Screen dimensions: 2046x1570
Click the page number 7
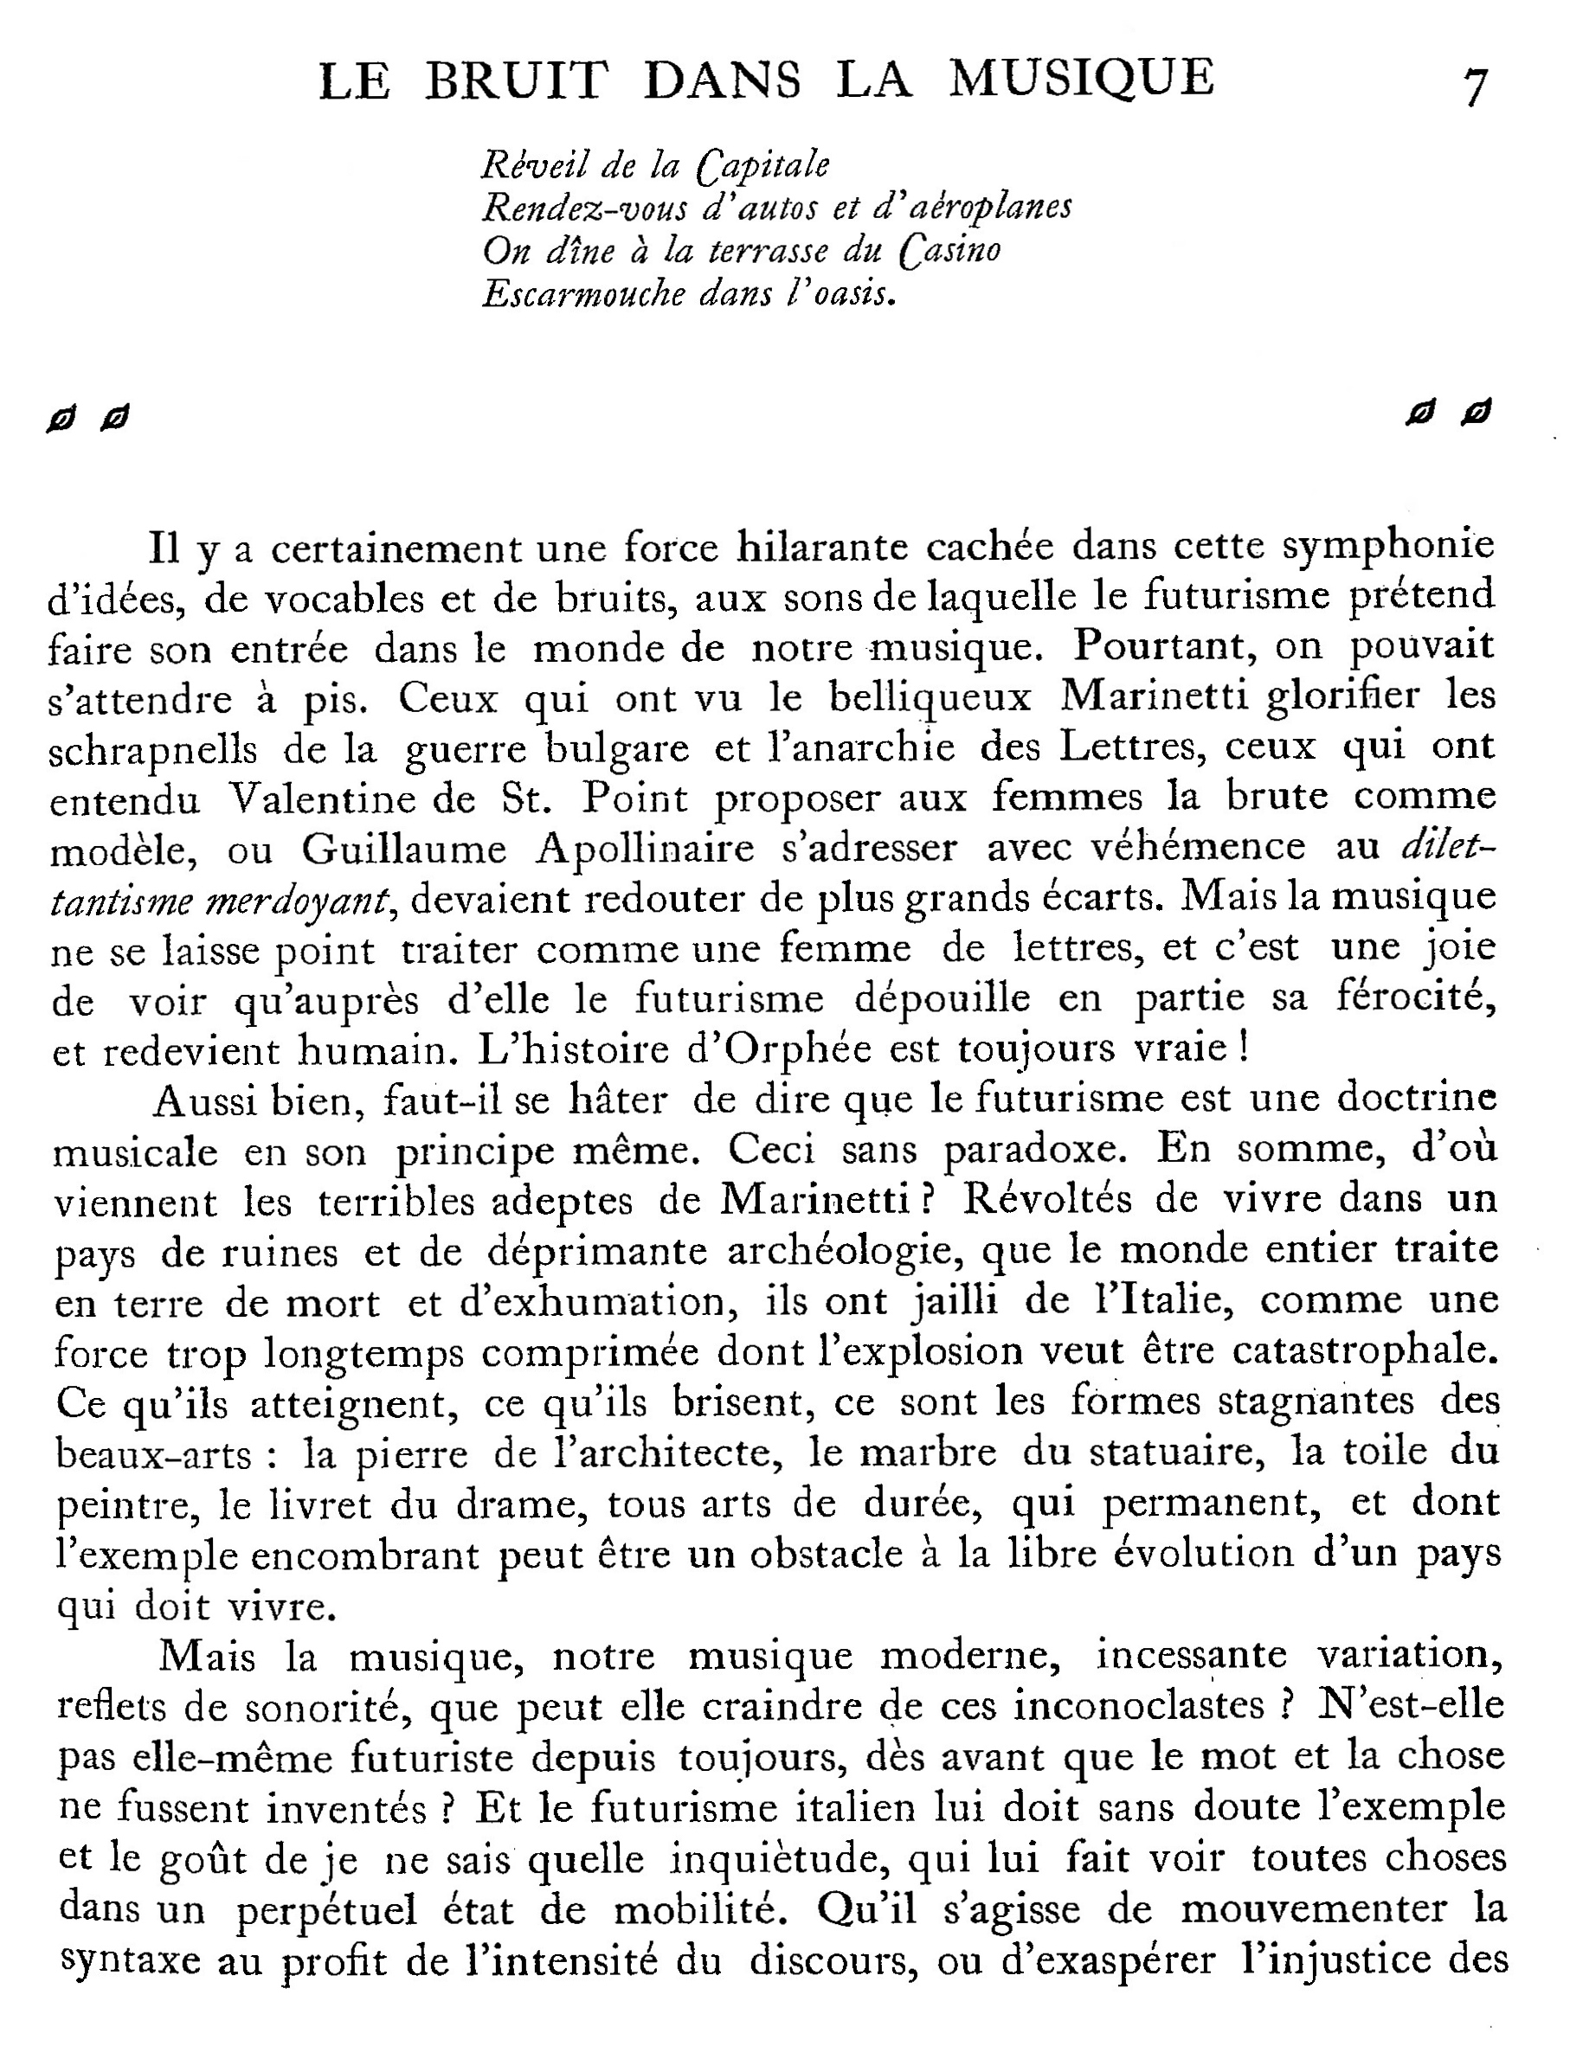1475,87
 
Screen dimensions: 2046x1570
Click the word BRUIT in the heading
516,80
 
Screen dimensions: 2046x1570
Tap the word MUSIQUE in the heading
1082,79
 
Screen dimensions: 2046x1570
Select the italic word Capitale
762,165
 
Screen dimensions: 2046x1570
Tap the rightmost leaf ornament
1477,411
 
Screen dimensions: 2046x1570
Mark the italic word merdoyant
295,901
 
